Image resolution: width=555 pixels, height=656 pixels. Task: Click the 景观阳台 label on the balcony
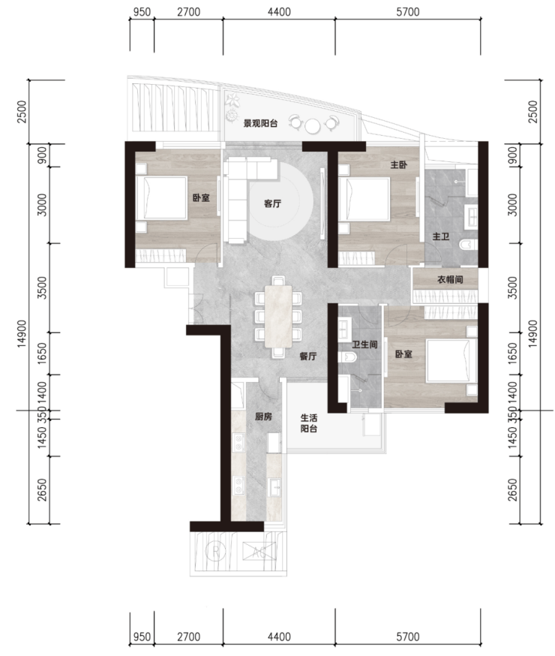tap(260, 123)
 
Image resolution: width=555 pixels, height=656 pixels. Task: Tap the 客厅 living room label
tap(272, 203)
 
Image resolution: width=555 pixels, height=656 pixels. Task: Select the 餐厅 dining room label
tap(308, 357)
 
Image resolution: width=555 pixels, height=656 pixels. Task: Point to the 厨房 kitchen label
tap(263, 417)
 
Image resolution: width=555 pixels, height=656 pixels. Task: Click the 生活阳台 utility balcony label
tap(309, 423)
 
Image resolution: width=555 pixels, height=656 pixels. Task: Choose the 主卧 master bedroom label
tap(399, 165)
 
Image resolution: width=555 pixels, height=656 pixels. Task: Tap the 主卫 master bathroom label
tap(440, 236)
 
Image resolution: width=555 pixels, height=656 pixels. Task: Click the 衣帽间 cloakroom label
tap(450, 279)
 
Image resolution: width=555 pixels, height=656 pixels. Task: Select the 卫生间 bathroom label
tap(364, 345)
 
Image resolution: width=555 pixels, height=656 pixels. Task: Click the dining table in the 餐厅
tap(278, 316)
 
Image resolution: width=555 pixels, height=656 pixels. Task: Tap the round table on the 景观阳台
tap(313, 126)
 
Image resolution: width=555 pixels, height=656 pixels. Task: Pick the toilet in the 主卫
tap(468, 245)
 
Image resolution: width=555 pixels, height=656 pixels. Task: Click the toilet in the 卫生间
tap(346, 357)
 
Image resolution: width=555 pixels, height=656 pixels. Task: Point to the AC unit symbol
tap(259, 553)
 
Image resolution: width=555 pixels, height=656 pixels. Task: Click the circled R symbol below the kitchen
tap(216, 552)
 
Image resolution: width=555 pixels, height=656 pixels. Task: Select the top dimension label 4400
tap(279, 12)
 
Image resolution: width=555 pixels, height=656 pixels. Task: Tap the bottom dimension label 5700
tap(408, 636)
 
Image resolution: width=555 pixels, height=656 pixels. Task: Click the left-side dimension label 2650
tap(43, 490)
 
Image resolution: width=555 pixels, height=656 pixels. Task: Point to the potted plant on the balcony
tap(232, 101)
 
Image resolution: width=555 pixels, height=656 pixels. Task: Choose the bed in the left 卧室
tap(161, 198)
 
